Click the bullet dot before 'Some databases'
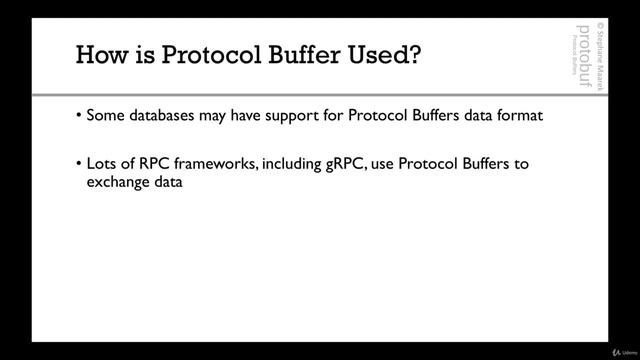pos(79,115)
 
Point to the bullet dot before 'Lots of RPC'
pos(79,164)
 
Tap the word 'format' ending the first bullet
pos(520,115)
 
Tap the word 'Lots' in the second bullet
pos(102,164)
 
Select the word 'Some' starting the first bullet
pos(105,115)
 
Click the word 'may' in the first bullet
pos(218,116)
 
